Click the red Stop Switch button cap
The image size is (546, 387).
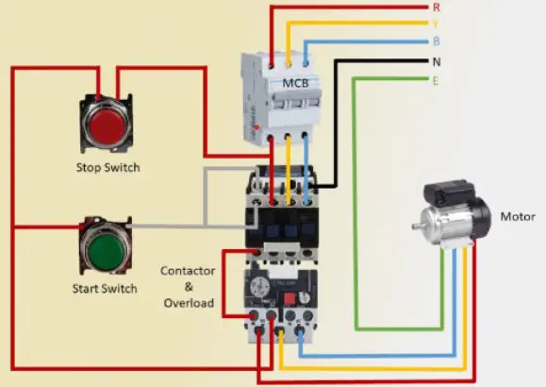tap(108, 125)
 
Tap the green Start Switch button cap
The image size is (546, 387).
tap(106, 248)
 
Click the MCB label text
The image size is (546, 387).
tap(296, 83)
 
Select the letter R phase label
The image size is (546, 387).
tap(437, 8)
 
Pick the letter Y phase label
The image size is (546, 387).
tap(436, 24)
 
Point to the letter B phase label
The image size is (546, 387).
tap(437, 42)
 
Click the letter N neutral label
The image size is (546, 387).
tap(437, 62)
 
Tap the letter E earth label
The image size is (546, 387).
tap(436, 81)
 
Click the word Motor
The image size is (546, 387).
tap(518, 216)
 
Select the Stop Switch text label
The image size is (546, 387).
tap(108, 167)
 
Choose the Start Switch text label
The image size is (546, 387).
tap(105, 289)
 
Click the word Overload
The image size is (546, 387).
tap(190, 303)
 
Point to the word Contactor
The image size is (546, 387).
tap(188, 271)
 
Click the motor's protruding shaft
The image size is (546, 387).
tap(417, 226)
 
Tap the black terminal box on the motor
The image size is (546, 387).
tap(449, 193)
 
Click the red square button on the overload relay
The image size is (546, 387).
tap(290, 299)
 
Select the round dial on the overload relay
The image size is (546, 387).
tap(259, 287)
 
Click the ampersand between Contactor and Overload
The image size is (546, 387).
tap(189, 287)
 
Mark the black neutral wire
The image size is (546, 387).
tap(336, 124)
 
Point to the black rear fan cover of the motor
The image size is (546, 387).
tap(482, 219)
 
